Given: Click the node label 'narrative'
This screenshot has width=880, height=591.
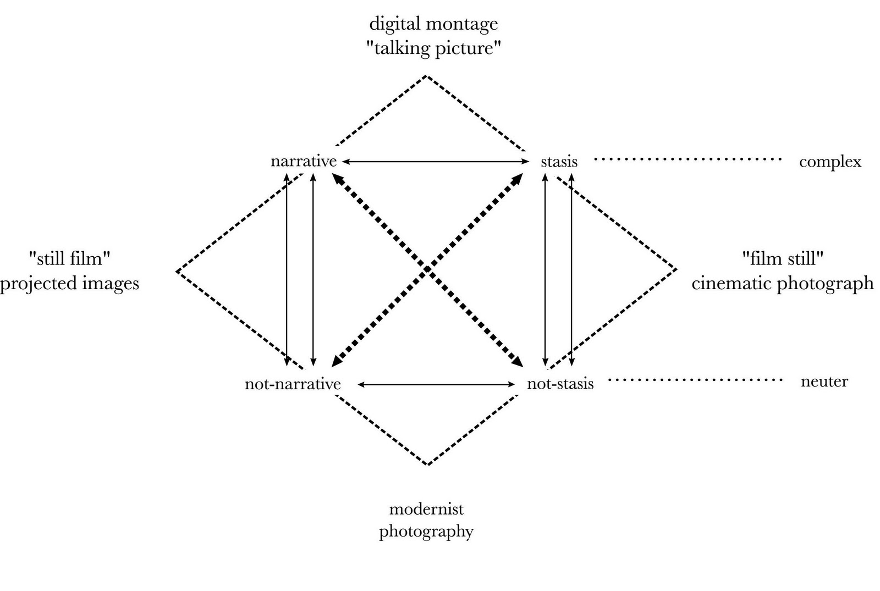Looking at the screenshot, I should pos(303,161).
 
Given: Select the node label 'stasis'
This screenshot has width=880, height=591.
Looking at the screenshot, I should pos(559,162).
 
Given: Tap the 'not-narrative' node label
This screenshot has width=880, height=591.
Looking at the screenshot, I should pos(293,384).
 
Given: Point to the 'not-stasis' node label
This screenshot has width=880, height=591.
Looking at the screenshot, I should pos(560,384).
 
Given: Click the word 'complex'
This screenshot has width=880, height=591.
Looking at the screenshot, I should pos(830,162).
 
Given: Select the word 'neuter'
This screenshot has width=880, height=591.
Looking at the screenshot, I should pos(824,381).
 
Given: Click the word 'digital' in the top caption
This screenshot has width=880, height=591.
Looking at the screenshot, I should pos(391,24).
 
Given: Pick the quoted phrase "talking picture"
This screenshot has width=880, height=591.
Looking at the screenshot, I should pos(433,48).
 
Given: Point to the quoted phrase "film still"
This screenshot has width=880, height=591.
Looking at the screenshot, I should pos(782,258).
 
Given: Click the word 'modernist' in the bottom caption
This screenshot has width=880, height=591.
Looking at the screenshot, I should pos(426,509).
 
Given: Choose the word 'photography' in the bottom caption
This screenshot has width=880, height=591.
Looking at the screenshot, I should pos(426,532).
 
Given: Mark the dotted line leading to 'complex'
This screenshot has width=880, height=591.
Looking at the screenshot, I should pos(687,159).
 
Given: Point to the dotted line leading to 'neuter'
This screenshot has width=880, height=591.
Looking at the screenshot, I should pos(695,379).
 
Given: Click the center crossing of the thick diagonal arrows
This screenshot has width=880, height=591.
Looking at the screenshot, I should pos(428,270).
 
